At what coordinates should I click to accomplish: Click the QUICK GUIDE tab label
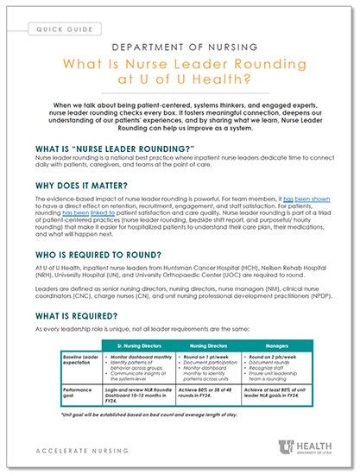tap(66, 30)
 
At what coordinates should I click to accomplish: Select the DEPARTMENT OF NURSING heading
tap(180, 49)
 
